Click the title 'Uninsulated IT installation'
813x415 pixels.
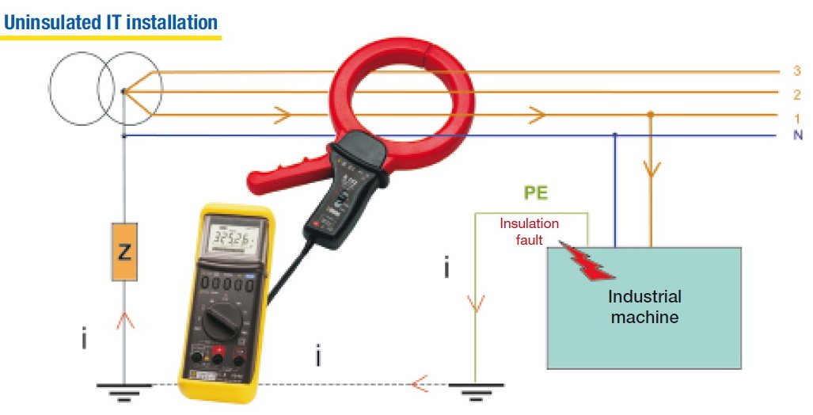[x=111, y=21]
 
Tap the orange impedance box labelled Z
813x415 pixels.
[x=124, y=252]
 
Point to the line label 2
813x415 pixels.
[x=796, y=94]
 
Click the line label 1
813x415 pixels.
[x=796, y=117]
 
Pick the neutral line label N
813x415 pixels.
[x=797, y=135]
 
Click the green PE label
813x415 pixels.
[x=536, y=193]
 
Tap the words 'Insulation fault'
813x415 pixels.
[x=529, y=230]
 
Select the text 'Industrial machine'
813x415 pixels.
[x=644, y=306]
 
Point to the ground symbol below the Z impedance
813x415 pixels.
[x=124, y=389]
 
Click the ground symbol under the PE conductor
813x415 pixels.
[x=476, y=389]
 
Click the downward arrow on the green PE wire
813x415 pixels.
[x=476, y=303]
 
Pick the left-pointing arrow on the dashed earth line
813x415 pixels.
[x=420, y=385]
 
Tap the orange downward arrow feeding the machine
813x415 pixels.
[x=652, y=169]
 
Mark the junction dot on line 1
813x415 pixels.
[x=652, y=115]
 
